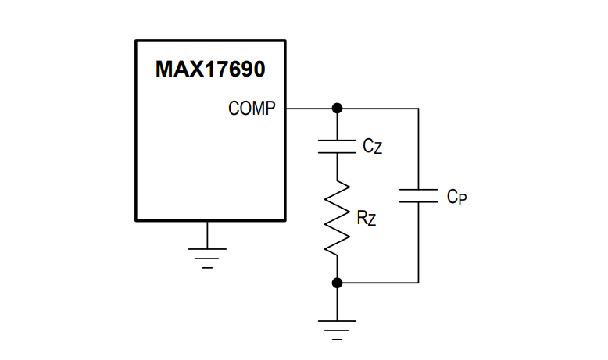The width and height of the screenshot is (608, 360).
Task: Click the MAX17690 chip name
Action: coord(210,69)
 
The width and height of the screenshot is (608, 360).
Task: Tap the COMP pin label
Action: coord(252,108)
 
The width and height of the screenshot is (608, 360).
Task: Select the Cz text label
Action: coord(372,146)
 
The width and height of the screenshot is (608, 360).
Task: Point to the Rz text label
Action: coord(366,218)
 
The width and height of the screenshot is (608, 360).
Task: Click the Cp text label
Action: coord(456,197)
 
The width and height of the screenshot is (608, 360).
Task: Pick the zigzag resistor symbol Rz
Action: coord(337,218)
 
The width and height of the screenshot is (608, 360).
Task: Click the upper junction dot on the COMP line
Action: coord(337,108)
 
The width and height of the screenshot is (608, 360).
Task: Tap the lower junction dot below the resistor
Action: coord(337,283)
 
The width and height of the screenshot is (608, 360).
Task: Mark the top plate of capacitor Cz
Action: coord(337,141)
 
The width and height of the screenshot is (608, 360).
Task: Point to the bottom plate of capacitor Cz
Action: coord(337,153)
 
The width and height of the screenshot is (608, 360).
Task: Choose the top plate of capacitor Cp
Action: coord(418,190)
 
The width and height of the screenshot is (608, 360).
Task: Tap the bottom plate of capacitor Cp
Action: coord(418,202)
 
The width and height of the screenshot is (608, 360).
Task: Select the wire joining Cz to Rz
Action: coord(337,167)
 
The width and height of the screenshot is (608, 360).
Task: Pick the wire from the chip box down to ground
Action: coord(207,235)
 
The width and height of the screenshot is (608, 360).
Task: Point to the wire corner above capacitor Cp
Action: coord(418,109)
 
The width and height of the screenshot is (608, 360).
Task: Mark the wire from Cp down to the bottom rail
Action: coord(418,243)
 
